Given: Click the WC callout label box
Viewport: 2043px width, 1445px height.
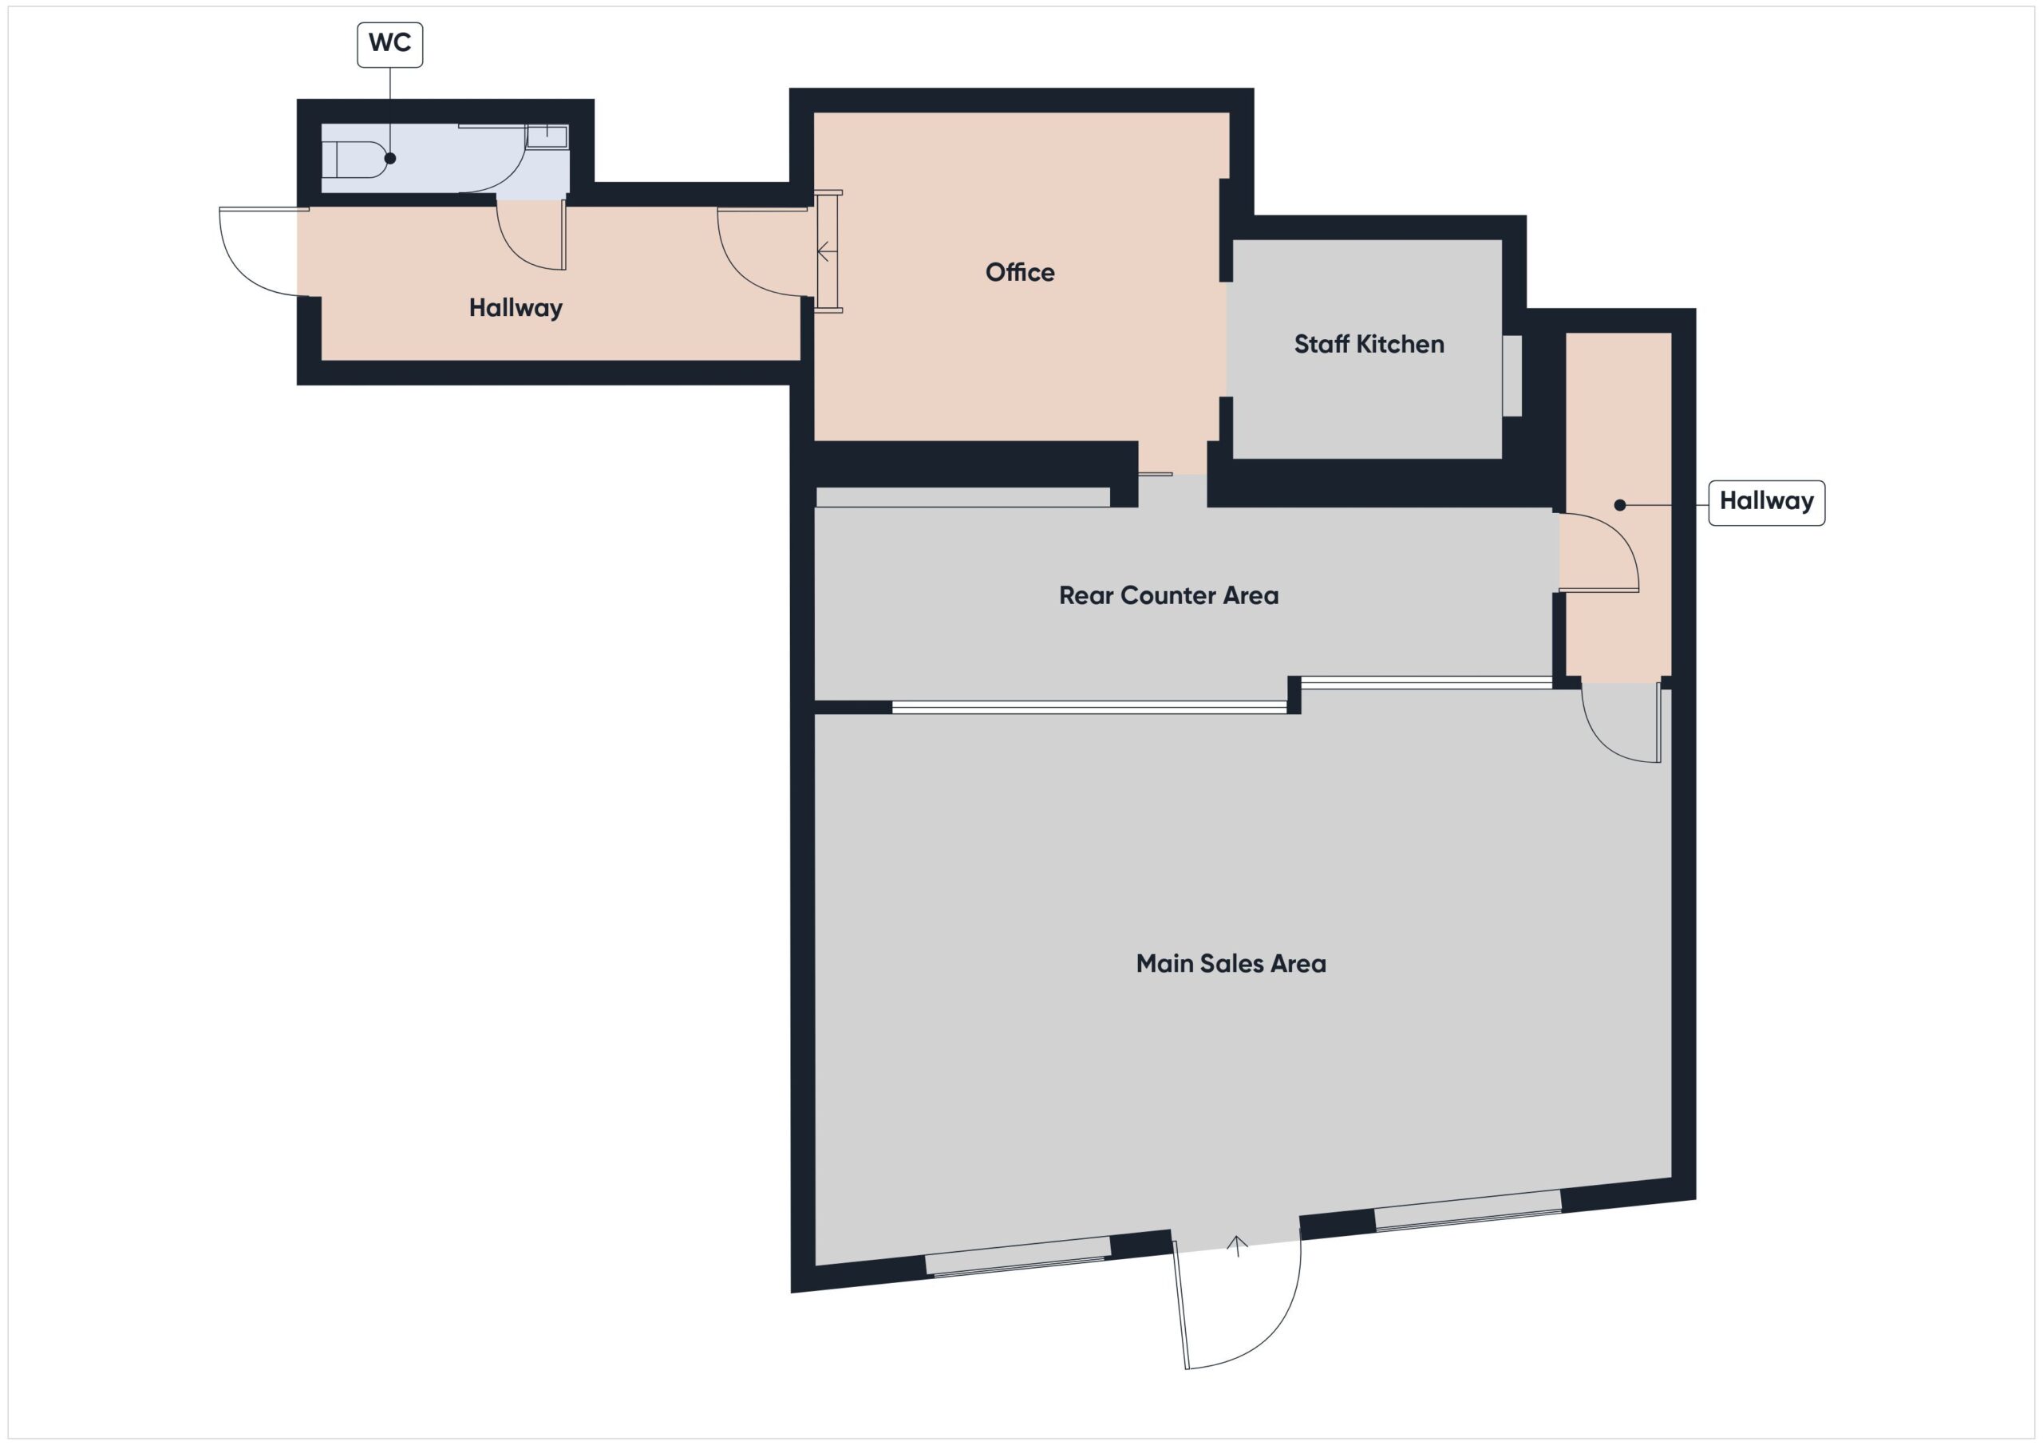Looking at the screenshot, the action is (389, 45).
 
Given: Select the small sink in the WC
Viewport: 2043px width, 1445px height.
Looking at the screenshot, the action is (547, 136).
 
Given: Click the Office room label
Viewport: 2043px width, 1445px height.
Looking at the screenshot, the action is (1020, 272).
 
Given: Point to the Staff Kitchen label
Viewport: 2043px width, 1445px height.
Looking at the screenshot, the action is (1369, 345).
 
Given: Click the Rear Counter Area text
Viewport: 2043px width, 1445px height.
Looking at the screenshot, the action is (1168, 595).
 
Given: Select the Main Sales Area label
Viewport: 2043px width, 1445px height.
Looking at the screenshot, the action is (1231, 964).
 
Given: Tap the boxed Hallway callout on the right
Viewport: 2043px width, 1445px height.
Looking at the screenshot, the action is (1766, 503).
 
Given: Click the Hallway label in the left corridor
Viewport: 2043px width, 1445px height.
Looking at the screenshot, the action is (516, 308).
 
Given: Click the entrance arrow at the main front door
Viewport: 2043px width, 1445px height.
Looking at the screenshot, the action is (1237, 1246).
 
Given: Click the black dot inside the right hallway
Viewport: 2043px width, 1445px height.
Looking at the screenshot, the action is (1619, 505).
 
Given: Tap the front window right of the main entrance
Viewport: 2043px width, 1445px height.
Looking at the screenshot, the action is (1468, 1211).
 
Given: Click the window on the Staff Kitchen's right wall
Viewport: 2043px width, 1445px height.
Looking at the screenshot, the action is (1512, 376).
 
